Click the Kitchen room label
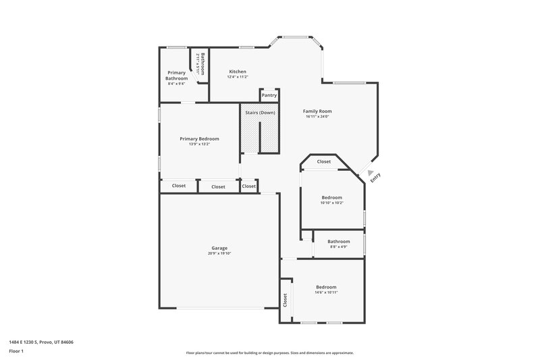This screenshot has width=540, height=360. click(x=238, y=72)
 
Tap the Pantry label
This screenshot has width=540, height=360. click(x=269, y=95)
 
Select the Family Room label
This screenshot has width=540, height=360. click(x=317, y=111)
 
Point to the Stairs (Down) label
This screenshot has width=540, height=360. click(x=260, y=111)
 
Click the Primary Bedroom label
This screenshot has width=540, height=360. click(x=199, y=138)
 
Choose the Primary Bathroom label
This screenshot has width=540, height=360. click(x=177, y=75)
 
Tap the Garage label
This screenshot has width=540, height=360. click(x=219, y=248)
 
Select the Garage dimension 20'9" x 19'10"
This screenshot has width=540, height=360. click(x=219, y=253)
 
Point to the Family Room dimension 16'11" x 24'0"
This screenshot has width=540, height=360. click(x=317, y=117)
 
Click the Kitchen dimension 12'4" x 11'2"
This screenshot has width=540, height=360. click(x=238, y=77)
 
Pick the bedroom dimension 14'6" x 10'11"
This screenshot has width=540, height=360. click(x=326, y=292)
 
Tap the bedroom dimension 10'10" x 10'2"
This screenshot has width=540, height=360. click(x=332, y=203)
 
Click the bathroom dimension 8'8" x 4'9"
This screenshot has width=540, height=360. click(x=338, y=247)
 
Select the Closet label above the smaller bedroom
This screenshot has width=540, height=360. click(x=324, y=161)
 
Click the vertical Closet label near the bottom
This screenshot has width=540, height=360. click(x=286, y=300)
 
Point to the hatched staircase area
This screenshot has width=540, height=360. click(x=259, y=136)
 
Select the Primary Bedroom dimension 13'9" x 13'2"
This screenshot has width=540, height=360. click(x=199, y=144)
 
